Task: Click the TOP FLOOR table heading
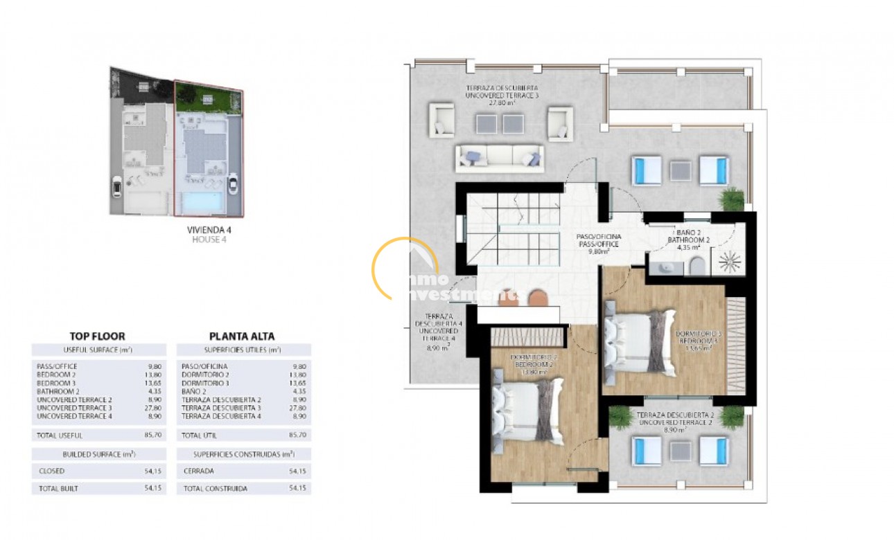pyautogui.click(x=97, y=336)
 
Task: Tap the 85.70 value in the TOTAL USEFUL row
pyautogui.click(x=154, y=435)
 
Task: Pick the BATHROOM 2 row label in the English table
pyautogui.click(x=57, y=391)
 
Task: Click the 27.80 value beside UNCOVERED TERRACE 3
pyautogui.click(x=154, y=408)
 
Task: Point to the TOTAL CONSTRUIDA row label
pyautogui.click(x=214, y=488)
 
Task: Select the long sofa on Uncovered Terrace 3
pyautogui.click(x=499, y=159)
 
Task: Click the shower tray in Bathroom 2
pyautogui.click(x=728, y=261)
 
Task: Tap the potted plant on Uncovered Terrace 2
pyautogui.click(x=731, y=417)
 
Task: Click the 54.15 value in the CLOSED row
pyautogui.click(x=154, y=471)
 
